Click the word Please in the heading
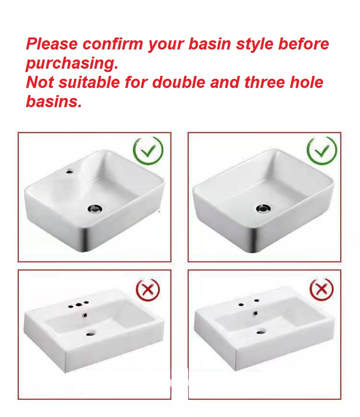[x=52, y=44]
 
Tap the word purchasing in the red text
[x=72, y=63]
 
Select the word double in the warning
[x=179, y=82]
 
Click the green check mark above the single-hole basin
[x=148, y=151]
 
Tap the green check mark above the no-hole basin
[x=322, y=151]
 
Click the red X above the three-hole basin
[x=148, y=290]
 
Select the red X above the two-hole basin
[x=322, y=289]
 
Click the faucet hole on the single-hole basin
[x=70, y=171]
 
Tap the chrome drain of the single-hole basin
[x=95, y=208]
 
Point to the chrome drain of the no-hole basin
[x=264, y=208]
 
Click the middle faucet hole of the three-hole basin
[x=79, y=305]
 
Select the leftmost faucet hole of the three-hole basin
[x=71, y=307]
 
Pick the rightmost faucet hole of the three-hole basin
[x=86, y=302]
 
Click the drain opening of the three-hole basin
[x=91, y=333]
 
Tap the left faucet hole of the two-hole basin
[x=241, y=304]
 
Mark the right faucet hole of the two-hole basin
[x=257, y=301]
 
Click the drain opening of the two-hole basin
[x=261, y=331]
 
